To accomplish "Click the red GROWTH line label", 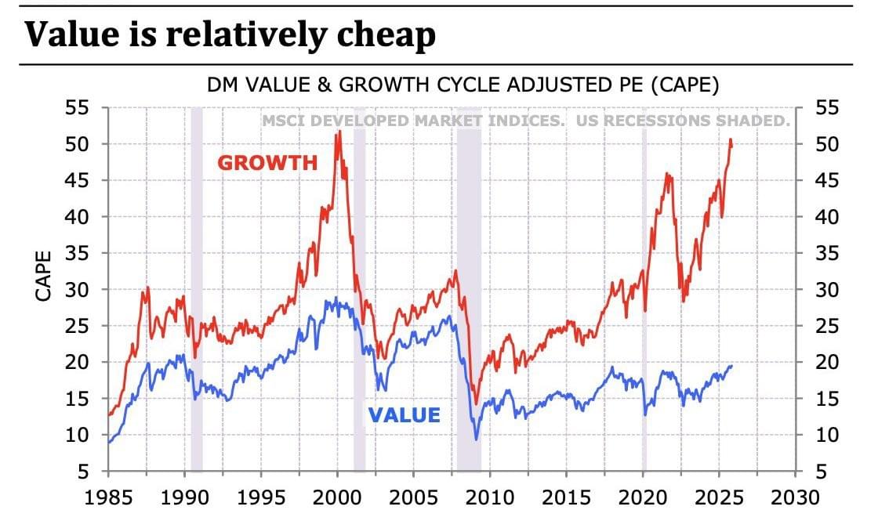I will tap(267, 163).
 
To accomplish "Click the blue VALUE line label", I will tap(405, 415).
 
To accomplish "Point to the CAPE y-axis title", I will tap(44, 276).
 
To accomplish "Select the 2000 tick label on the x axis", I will tap(337, 497).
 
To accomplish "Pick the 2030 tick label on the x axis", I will tap(795, 497).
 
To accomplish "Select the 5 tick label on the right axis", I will tap(821, 472).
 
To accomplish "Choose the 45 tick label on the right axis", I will tap(827, 181).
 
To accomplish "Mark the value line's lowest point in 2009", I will tap(477, 439).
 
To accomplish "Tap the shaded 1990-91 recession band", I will tap(197, 290).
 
